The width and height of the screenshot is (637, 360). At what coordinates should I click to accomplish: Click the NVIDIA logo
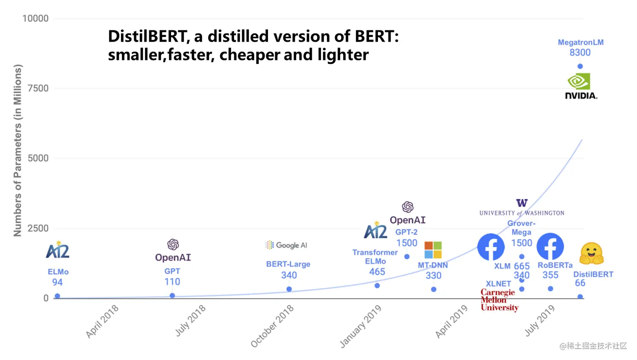pos(580,87)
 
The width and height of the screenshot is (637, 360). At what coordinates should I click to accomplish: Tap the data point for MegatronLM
pos(580,66)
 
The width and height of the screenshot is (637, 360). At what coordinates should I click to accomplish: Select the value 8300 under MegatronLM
pos(580,53)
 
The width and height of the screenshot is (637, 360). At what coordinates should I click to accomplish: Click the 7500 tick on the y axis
pos(38,88)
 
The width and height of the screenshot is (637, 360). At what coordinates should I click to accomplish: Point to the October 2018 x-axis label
pos(272,326)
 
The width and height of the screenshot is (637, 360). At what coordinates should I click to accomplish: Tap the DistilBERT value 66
pos(580,283)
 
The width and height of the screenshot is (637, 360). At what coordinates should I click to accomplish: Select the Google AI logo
pos(286,245)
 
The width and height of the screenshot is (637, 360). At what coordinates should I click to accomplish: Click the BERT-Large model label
pos(288,264)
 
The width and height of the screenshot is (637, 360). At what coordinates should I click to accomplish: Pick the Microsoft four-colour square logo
pos(433,250)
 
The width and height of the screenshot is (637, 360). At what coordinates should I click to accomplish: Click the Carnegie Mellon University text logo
pos(499,300)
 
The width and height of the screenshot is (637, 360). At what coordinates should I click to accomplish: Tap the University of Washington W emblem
pos(522,203)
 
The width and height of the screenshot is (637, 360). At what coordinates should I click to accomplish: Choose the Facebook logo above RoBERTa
pos(550,247)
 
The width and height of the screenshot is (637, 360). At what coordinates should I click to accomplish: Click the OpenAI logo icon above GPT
pos(173,244)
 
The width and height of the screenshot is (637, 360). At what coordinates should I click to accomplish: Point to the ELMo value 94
pos(57,282)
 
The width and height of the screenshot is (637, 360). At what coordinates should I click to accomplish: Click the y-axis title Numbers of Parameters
pos(17,150)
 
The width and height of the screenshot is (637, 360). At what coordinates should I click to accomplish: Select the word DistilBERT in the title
pos(146,37)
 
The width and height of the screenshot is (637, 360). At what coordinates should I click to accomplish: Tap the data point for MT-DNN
pos(434,289)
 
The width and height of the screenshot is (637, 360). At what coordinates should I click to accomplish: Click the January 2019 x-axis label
pos(361,326)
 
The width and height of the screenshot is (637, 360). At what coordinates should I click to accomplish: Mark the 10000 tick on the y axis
pos(35,19)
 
